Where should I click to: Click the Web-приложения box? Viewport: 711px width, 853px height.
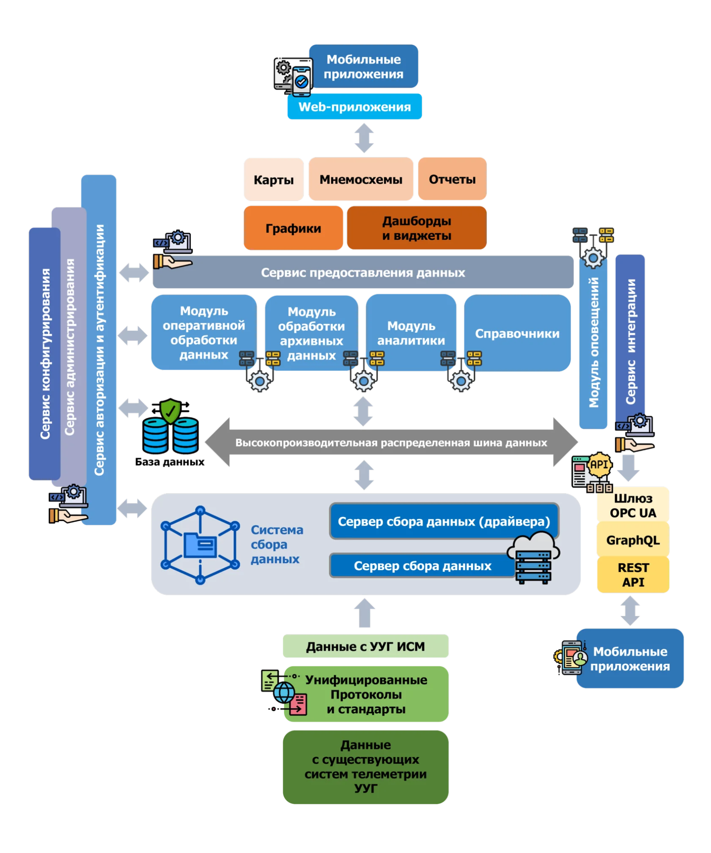click(x=354, y=107)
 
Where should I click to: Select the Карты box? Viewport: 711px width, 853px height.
click(x=274, y=179)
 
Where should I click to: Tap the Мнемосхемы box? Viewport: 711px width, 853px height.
click(x=361, y=179)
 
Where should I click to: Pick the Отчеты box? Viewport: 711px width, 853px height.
click(x=452, y=179)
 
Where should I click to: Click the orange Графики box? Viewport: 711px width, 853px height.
click(x=293, y=228)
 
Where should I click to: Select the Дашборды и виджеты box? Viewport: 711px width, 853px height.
click(x=417, y=228)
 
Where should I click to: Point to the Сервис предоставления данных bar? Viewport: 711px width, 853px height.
click(x=363, y=273)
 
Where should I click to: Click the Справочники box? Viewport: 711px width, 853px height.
click(x=517, y=333)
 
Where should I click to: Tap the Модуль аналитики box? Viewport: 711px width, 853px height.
click(x=411, y=332)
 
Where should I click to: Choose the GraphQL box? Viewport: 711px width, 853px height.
click(x=633, y=540)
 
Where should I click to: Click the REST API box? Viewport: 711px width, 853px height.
click(x=633, y=575)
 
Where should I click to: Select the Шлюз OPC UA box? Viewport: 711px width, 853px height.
click(x=633, y=505)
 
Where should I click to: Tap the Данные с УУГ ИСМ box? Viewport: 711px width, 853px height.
click(x=365, y=646)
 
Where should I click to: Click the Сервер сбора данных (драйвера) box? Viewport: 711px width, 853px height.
click(x=444, y=521)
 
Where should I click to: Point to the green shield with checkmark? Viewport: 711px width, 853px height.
click(x=170, y=410)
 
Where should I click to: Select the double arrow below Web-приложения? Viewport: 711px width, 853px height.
click(x=364, y=138)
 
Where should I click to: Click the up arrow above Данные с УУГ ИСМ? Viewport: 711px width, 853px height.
click(x=364, y=613)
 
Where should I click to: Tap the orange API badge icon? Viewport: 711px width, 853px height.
click(x=599, y=464)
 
